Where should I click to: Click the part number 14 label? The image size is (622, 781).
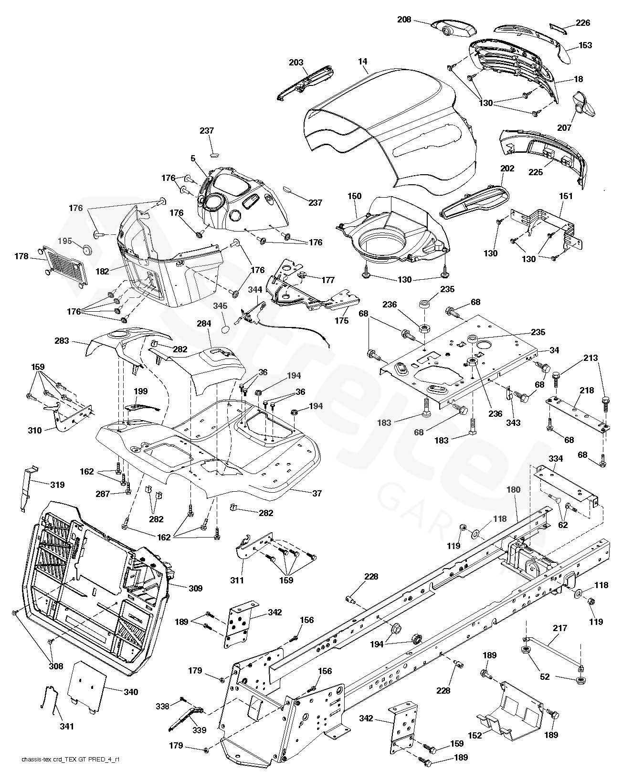[x=363, y=62]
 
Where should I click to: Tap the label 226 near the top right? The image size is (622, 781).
[x=582, y=22]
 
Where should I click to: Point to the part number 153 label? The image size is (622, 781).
[x=585, y=45]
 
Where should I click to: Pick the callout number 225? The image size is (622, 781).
[x=536, y=172]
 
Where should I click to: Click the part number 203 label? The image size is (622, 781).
[x=296, y=63]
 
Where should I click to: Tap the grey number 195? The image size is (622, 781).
[x=66, y=241]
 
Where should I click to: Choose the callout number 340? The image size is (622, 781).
[x=129, y=692]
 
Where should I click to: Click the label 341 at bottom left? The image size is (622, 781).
[x=67, y=727]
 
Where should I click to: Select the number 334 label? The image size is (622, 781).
[x=556, y=459]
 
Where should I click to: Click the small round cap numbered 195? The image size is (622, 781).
[x=87, y=250]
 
